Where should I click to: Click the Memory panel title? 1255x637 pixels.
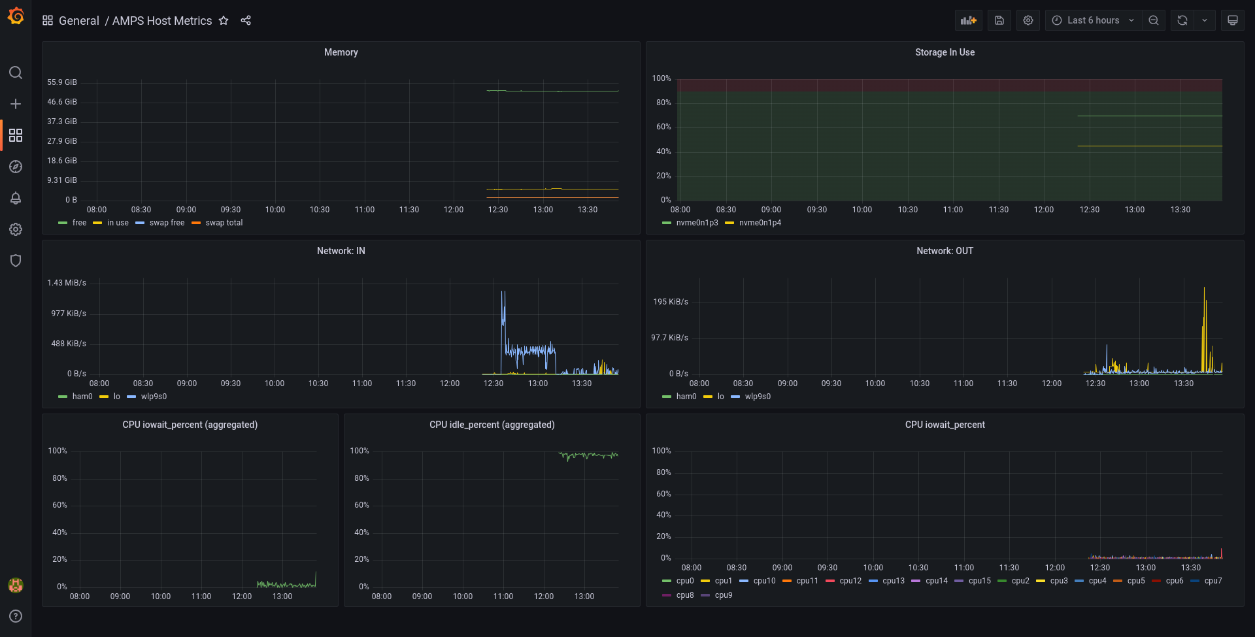341,52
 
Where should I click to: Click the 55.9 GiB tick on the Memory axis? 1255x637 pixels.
62,82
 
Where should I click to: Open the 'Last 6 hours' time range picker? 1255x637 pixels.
1093,20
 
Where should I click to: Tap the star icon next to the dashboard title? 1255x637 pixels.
224,20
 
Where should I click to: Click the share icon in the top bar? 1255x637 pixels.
246,20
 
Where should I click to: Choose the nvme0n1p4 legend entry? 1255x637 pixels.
760,223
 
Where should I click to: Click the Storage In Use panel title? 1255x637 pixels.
945,52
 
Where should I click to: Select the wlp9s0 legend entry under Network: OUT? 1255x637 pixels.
758,397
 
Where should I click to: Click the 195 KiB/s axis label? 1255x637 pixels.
671,302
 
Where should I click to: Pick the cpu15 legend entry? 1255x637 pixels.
979,581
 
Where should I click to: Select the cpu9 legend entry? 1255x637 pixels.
723,595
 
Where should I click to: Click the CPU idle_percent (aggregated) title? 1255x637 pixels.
492,425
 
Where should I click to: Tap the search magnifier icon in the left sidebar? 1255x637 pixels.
16,73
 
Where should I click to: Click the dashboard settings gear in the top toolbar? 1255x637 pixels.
1028,20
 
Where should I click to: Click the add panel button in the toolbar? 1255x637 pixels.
968,20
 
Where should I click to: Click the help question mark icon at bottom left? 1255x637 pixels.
16,616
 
